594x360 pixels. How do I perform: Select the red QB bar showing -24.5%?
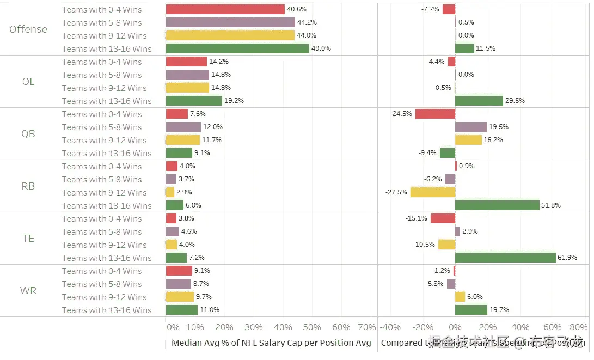(435, 114)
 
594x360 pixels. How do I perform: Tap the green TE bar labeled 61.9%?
(505, 258)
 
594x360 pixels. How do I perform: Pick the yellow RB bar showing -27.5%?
(433, 192)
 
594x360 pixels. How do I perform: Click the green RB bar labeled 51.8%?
(497, 205)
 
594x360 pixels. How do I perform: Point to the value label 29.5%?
(515, 101)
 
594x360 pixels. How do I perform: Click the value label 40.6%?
(297, 9)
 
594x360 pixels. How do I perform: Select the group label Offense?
(28, 29)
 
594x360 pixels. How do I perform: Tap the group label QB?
(28, 134)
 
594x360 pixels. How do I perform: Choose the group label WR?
(28, 291)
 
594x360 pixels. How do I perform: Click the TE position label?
(28, 239)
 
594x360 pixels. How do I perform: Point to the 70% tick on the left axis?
(368, 327)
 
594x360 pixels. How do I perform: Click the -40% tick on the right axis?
(390, 327)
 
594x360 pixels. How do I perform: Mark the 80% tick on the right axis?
(578, 327)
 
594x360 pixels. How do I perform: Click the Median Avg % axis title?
(271, 343)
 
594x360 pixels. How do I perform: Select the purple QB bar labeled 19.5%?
(471, 127)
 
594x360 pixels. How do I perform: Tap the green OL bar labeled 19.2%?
(194, 101)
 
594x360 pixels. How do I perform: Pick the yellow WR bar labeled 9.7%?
(180, 297)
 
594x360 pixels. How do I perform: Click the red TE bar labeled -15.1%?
(443, 218)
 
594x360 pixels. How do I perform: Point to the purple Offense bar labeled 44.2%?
(230, 22)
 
